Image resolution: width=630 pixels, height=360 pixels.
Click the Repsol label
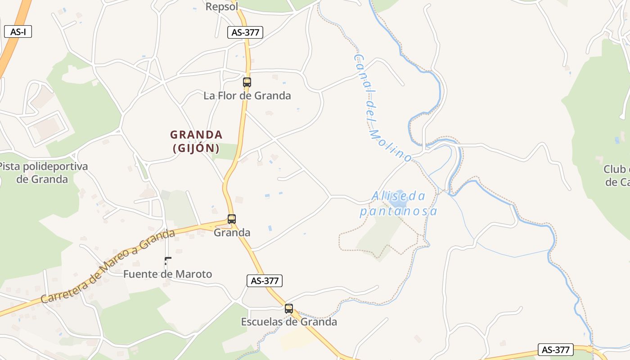click(222, 7)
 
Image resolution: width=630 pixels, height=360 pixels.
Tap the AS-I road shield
click(18, 32)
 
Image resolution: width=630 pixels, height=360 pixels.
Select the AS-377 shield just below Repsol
click(245, 32)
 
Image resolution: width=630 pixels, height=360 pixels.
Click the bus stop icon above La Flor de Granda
click(247, 82)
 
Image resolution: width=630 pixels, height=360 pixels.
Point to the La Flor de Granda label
click(247, 95)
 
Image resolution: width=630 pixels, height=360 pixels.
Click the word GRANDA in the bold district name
click(196, 135)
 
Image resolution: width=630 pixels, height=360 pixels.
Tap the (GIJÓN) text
click(196, 148)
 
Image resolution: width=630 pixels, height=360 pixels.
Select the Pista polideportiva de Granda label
click(43, 173)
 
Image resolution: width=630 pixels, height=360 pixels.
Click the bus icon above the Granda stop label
click(231, 219)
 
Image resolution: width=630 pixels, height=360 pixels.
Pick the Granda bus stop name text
click(232, 233)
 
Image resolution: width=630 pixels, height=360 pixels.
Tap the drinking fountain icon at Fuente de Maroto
click(167, 261)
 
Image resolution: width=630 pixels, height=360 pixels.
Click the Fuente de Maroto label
click(167, 274)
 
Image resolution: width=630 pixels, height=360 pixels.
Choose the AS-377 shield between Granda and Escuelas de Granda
click(265, 281)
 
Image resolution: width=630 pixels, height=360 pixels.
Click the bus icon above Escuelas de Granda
click(289, 309)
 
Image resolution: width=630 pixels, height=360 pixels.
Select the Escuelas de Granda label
click(289, 322)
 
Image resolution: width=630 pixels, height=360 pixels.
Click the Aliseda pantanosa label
click(398, 203)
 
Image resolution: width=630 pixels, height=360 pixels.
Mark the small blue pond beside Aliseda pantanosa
click(399, 205)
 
